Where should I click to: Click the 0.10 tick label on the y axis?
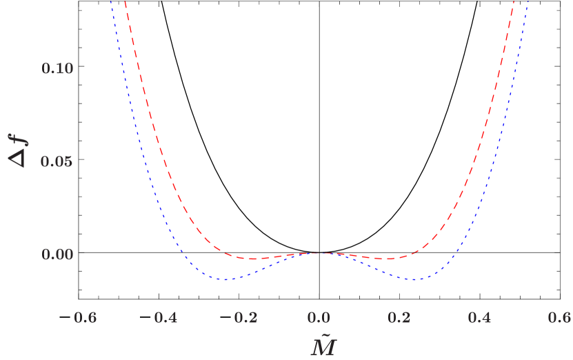(57, 69)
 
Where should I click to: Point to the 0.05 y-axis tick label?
(57, 161)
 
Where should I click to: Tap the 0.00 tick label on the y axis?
(57, 254)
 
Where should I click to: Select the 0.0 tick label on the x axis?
(320, 317)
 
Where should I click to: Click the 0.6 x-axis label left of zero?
(86, 317)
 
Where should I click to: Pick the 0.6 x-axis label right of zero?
(560, 317)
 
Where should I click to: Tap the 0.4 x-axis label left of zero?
(165, 317)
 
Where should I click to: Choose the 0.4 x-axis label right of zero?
(480, 317)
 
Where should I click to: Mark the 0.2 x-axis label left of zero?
(245, 317)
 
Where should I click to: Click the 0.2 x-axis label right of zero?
(400, 317)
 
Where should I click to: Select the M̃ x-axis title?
(323, 345)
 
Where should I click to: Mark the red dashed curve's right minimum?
(388, 259)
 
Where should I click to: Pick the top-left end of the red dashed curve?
(125, 1)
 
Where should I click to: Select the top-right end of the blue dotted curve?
(528, 1)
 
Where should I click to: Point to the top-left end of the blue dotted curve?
(110, 1)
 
